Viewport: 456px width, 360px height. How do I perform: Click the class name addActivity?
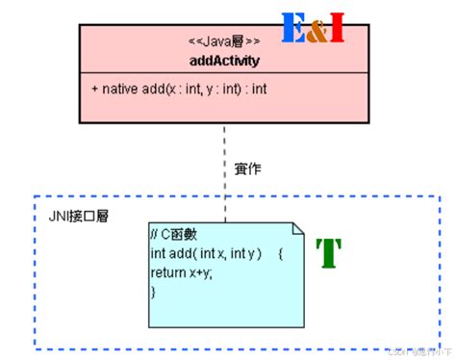tap(225, 60)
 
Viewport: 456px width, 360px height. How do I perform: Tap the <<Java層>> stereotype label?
tap(224, 42)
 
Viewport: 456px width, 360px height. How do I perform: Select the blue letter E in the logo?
tap(294, 30)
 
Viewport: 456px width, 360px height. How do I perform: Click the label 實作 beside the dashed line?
tap(247, 169)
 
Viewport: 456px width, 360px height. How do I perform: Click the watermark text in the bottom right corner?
tap(417, 351)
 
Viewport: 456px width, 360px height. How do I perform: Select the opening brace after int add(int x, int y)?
tap(279, 254)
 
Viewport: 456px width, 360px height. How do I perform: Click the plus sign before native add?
tap(94, 89)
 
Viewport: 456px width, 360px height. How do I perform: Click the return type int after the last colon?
tap(259, 89)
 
